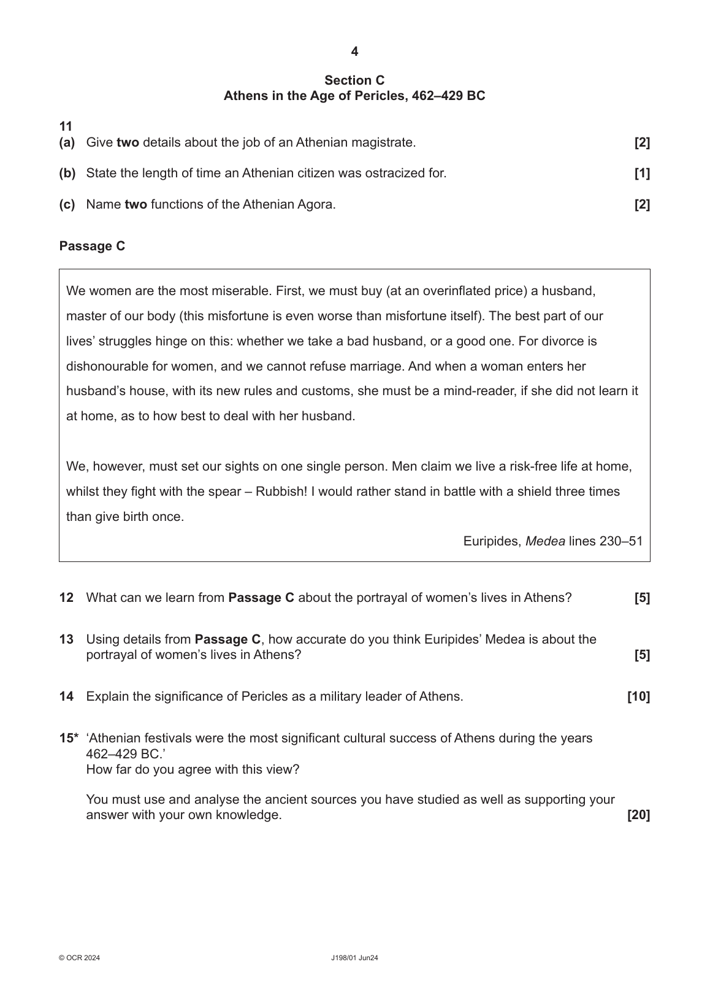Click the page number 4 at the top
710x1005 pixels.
pos(354,52)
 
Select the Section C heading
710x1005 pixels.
pos(354,80)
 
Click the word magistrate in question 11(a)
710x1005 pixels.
pos(384,143)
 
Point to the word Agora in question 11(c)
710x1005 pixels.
pos(315,205)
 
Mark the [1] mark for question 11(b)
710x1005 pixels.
pos(642,174)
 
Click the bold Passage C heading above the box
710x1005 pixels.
pos(92,246)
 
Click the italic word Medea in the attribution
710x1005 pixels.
pos(545,541)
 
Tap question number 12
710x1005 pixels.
pos(66,598)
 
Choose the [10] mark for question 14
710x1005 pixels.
pos(638,697)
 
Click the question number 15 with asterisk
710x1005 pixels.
pos(69,738)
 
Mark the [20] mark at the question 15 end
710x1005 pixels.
pos(638,815)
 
